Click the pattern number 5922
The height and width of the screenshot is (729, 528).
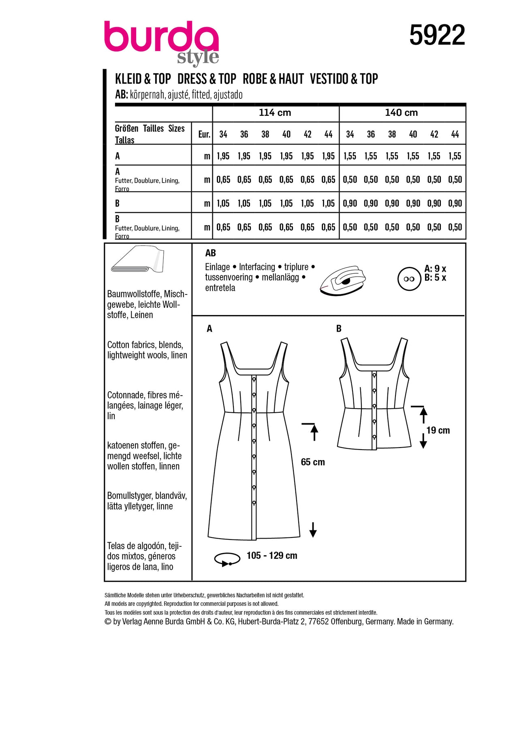click(437, 35)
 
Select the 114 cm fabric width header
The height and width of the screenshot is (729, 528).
click(275, 113)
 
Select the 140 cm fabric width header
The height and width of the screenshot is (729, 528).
click(401, 113)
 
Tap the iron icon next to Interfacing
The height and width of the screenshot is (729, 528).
click(343, 280)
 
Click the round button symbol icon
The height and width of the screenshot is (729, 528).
click(409, 279)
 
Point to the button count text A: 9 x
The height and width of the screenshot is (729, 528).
click(435, 269)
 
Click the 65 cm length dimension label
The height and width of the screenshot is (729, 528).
click(313, 462)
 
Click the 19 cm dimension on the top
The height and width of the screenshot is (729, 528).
click(438, 431)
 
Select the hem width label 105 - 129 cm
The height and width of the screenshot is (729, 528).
click(272, 556)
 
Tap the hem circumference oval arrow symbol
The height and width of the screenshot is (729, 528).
click(227, 559)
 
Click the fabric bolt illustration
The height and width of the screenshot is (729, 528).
click(137, 259)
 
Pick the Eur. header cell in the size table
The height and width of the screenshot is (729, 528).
click(204, 134)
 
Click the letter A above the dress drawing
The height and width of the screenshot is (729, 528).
click(209, 328)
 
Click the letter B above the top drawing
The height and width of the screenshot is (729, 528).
click(339, 328)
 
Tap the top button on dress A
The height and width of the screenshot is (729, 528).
click(254, 379)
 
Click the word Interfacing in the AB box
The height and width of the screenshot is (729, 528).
click(257, 267)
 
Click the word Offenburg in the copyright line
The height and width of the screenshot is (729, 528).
click(347, 622)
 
